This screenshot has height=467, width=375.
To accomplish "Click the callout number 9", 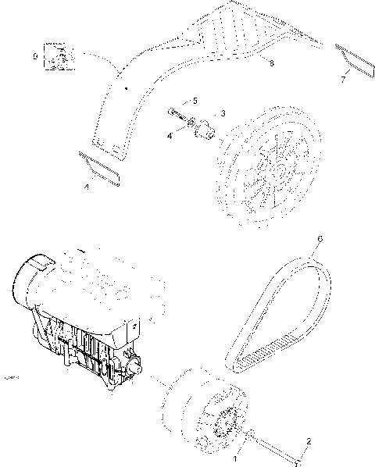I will (35, 57).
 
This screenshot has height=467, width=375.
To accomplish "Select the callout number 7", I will (341, 79).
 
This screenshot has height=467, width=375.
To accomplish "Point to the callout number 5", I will (195, 101).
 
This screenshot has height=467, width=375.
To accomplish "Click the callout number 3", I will (223, 113).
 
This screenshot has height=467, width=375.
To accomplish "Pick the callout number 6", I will (319, 238).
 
